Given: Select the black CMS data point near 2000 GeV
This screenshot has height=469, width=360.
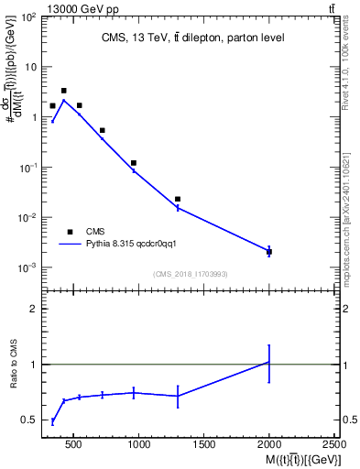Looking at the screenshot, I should pyautogui.click(x=268, y=251).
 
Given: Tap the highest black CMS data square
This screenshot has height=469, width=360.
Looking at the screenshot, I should pyautogui.click(x=63, y=91).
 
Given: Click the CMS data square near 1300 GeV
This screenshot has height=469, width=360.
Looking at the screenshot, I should pyautogui.click(x=178, y=199).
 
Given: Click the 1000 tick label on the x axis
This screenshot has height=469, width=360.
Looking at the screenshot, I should pyautogui.click(x=139, y=445).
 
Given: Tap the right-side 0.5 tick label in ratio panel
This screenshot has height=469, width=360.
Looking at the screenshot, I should pyautogui.click(x=348, y=420).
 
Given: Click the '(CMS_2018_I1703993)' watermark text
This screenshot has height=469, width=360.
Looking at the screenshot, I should pyautogui.click(x=190, y=274).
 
